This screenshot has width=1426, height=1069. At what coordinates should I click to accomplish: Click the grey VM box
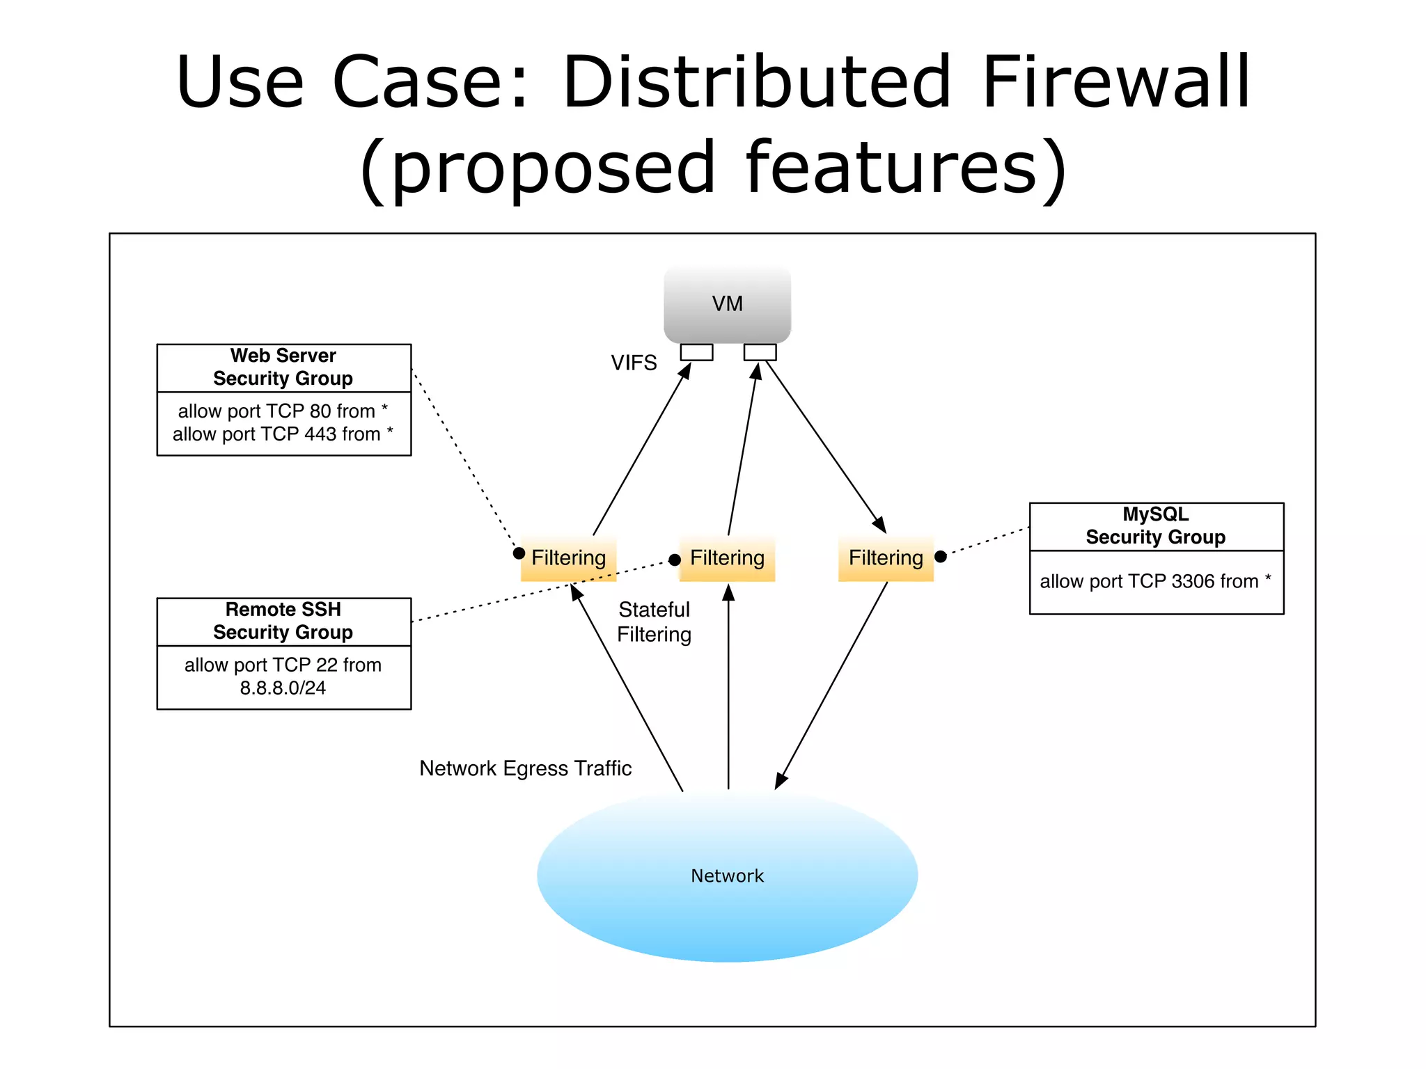pyautogui.click(x=727, y=303)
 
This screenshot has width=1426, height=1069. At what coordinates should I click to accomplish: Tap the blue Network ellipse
pyautogui.click(x=727, y=876)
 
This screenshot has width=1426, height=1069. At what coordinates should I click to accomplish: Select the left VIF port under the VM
pyautogui.click(x=696, y=352)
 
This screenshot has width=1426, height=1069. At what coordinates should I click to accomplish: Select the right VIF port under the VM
pyautogui.click(x=760, y=352)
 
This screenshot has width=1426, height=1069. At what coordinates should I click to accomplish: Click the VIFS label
pyautogui.click(x=634, y=363)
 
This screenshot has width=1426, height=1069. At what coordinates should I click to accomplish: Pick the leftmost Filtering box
pyautogui.click(x=568, y=558)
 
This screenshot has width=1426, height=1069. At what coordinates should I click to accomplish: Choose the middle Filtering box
pyautogui.click(x=727, y=558)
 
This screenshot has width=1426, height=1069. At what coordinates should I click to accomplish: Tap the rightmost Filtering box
pyautogui.click(x=886, y=558)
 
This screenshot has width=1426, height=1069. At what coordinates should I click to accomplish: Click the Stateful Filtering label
pyautogui.click(x=655, y=621)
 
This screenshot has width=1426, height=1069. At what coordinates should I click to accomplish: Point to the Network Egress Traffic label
pyautogui.click(x=525, y=768)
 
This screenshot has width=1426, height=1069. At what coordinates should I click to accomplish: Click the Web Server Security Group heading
pyautogui.click(x=283, y=367)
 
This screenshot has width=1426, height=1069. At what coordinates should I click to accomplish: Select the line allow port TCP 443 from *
pyautogui.click(x=283, y=434)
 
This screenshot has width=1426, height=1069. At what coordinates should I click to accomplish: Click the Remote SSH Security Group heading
pyautogui.click(x=283, y=621)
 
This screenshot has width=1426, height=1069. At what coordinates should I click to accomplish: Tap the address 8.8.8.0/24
pyautogui.click(x=283, y=688)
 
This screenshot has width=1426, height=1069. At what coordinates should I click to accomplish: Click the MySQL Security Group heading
pyautogui.click(x=1156, y=525)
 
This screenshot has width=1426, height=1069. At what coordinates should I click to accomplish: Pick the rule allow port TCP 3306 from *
pyautogui.click(x=1156, y=581)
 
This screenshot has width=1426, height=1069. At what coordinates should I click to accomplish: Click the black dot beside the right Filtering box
pyautogui.click(x=941, y=556)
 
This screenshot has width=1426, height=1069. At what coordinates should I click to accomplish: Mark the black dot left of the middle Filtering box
pyautogui.click(x=675, y=560)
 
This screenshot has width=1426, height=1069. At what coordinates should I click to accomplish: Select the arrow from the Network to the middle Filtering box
pyautogui.click(x=728, y=689)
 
